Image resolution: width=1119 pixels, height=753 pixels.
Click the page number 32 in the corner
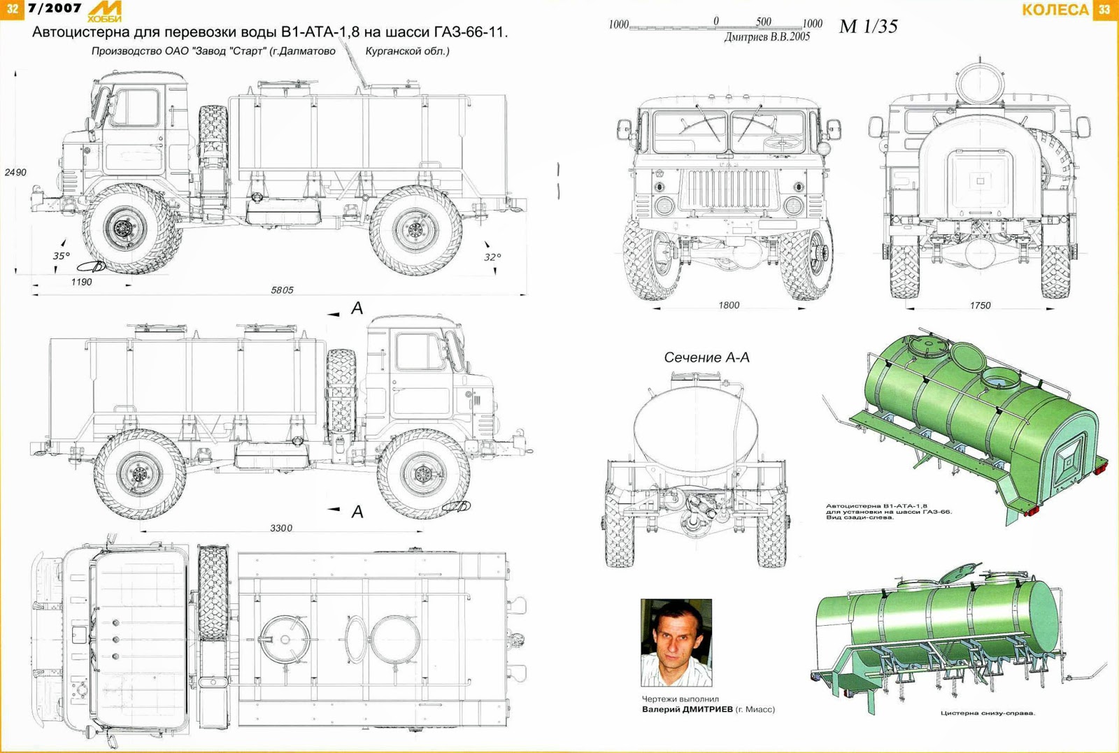click(x=12, y=9)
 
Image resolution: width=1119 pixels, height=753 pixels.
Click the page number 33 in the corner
click(x=1104, y=9)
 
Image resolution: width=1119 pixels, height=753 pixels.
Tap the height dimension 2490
click(x=15, y=172)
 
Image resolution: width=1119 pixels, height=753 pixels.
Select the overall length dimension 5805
click(x=282, y=290)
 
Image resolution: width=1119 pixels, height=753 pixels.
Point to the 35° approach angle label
click(x=62, y=256)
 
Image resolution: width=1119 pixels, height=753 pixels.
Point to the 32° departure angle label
click(x=492, y=257)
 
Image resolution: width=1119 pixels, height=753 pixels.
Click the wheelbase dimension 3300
click(x=281, y=528)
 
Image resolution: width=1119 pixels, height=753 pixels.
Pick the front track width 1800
click(x=729, y=306)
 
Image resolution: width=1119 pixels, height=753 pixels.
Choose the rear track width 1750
click(x=980, y=306)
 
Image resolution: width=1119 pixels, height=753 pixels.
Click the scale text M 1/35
click(x=868, y=27)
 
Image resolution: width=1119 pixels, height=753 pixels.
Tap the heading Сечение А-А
click(x=706, y=357)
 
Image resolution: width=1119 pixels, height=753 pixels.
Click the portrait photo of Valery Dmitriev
click(x=676, y=643)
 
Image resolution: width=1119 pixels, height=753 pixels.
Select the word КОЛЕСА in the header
click(x=1055, y=10)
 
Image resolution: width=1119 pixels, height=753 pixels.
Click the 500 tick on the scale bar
click(x=763, y=22)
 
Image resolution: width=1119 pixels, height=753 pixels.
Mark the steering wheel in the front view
click(x=782, y=142)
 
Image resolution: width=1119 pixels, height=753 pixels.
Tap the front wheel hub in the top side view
click(x=124, y=228)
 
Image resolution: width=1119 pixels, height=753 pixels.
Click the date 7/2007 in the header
click(x=55, y=8)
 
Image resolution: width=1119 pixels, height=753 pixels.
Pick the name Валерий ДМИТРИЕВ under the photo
click(x=687, y=709)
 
